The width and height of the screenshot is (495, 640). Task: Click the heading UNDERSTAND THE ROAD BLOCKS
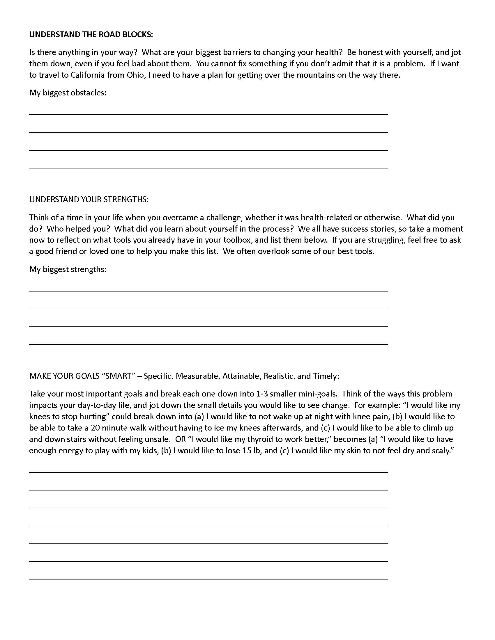[x=91, y=35]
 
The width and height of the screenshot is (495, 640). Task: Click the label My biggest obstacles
[x=68, y=93]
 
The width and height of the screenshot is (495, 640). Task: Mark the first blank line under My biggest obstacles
[x=208, y=114]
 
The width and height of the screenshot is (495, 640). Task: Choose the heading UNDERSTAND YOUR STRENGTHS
[x=89, y=200]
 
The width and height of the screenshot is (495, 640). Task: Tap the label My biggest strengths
[x=68, y=269]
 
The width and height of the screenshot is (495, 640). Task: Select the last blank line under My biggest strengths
[x=208, y=344]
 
